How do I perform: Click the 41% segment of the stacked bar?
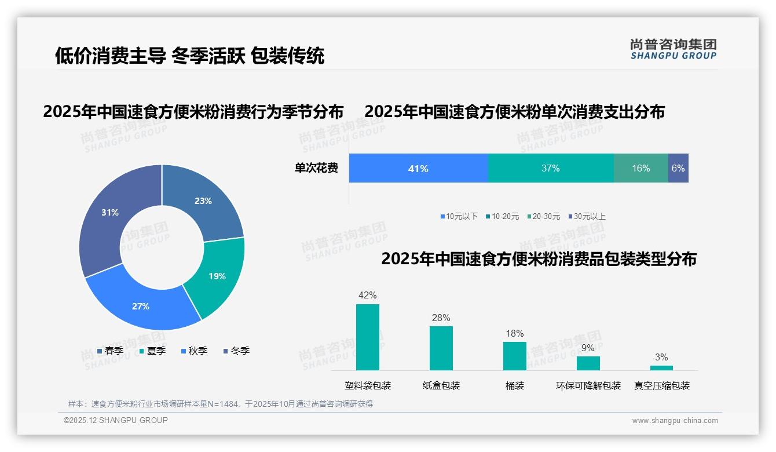click(x=418, y=168)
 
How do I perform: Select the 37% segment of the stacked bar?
click(x=551, y=168)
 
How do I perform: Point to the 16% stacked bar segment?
click(x=640, y=168)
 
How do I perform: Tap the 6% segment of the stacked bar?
click(x=678, y=168)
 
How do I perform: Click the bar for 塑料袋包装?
click(x=368, y=337)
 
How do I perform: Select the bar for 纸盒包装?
click(x=441, y=348)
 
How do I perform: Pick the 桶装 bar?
click(x=515, y=356)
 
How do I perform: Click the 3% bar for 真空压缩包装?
click(x=661, y=368)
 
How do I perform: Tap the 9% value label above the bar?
click(x=588, y=348)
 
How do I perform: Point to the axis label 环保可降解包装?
click(x=588, y=386)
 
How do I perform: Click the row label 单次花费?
click(x=316, y=169)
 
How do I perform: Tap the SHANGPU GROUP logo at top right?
click(x=673, y=49)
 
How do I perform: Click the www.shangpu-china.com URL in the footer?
click(x=675, y=421)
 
